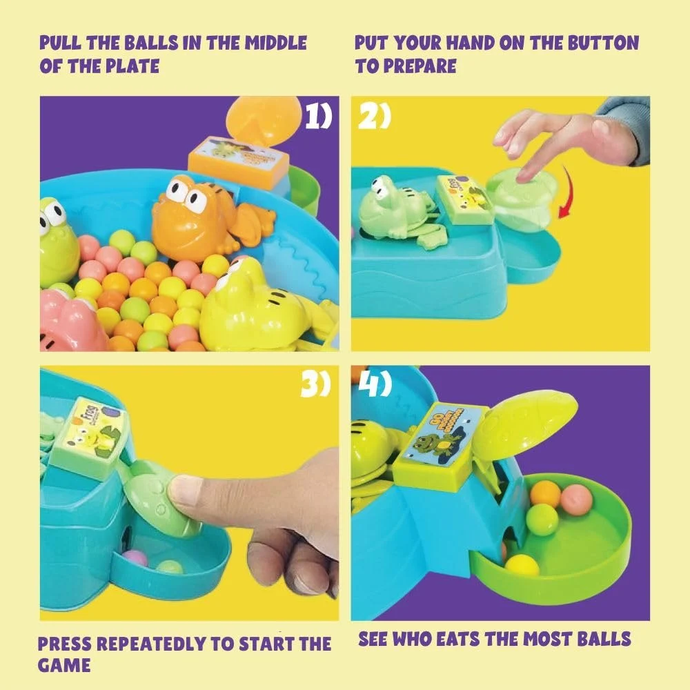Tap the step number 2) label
[374, 118]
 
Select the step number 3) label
[316, 385]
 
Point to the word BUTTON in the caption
[599, 43]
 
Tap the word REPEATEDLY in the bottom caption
[152, 645]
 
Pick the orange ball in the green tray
[545, 493]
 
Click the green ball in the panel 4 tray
[542, 519]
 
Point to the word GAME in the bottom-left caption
[64, 666]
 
